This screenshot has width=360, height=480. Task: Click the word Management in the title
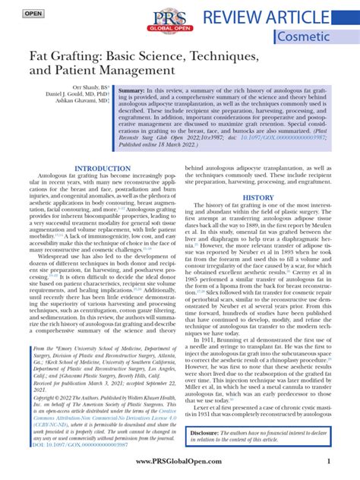(141, 75)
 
